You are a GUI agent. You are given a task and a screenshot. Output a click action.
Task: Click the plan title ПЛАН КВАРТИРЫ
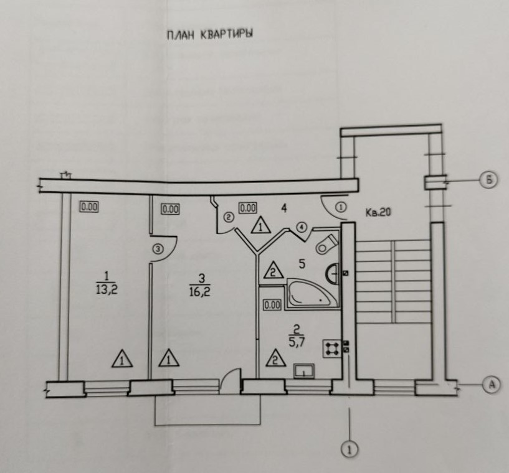(209, 35)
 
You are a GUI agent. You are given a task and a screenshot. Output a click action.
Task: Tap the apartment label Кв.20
(377, 212)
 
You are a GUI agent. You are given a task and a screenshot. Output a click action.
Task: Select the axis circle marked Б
(489, 181)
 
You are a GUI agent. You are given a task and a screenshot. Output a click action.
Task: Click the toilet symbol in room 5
(326, 243)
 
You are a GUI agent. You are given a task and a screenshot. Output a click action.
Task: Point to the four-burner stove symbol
(331, 348)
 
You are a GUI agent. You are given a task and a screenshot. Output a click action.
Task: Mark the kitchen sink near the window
(304, 372)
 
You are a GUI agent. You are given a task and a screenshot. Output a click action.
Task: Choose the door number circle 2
(228, 217)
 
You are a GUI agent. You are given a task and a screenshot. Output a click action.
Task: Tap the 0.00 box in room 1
(89, 208)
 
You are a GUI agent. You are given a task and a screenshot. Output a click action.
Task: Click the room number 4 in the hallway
(283, 208)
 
